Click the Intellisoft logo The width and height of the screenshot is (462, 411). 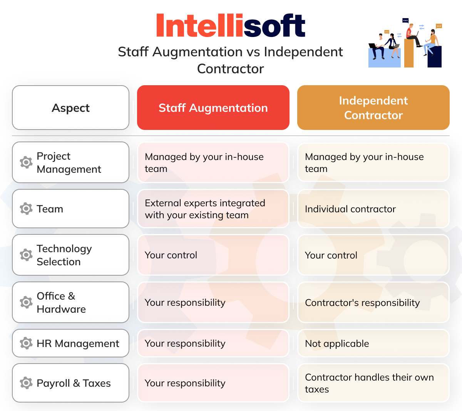[231, 25]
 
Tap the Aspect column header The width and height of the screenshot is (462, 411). [70, 108]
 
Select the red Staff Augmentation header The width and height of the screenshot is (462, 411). [213, 108]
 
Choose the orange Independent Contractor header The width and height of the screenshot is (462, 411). [373, 108]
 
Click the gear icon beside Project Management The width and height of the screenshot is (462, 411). [26, 162]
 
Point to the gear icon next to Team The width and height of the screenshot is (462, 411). [26, 209]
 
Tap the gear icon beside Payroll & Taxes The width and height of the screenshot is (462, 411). [26, 383]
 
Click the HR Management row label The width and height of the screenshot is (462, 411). [78, 343]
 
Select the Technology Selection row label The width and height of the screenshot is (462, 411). [64, 255]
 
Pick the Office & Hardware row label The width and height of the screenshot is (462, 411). [61, 302]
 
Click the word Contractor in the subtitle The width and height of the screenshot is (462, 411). [230, 69]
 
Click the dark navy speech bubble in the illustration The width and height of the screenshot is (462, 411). [405, 20]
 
